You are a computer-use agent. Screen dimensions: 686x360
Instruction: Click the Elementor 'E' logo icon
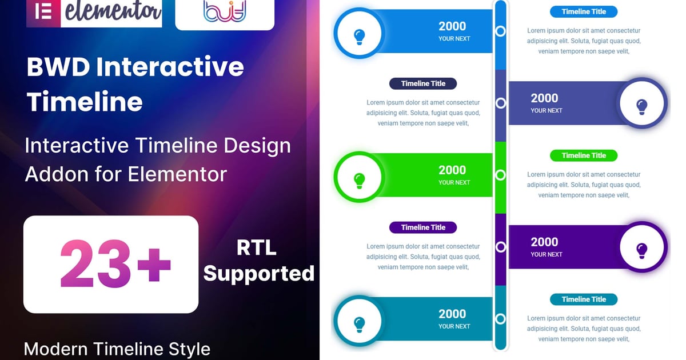43,12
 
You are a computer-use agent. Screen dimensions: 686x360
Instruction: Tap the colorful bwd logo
225,11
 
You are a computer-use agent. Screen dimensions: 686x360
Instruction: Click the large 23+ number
115,264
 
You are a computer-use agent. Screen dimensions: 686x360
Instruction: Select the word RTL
257,247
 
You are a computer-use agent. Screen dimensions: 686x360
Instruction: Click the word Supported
259,273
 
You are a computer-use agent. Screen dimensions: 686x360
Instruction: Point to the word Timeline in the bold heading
85,102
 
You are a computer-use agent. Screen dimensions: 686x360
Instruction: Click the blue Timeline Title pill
584,11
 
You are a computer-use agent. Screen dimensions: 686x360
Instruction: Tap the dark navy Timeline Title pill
423,83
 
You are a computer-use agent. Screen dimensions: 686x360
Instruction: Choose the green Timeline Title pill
584,155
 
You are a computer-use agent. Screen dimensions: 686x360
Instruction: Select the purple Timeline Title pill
423,227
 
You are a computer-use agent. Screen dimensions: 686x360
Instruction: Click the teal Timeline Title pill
584,299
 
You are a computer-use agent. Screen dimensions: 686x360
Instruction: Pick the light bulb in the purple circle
641,251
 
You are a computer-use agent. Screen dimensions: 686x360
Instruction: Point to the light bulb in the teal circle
359,325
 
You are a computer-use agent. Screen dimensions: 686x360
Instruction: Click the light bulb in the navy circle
641,107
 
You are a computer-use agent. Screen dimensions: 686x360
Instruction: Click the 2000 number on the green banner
452,170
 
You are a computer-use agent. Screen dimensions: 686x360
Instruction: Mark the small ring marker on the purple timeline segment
500,247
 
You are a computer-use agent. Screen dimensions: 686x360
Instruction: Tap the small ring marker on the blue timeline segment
500,31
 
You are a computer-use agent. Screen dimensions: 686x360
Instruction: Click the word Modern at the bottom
55,349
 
